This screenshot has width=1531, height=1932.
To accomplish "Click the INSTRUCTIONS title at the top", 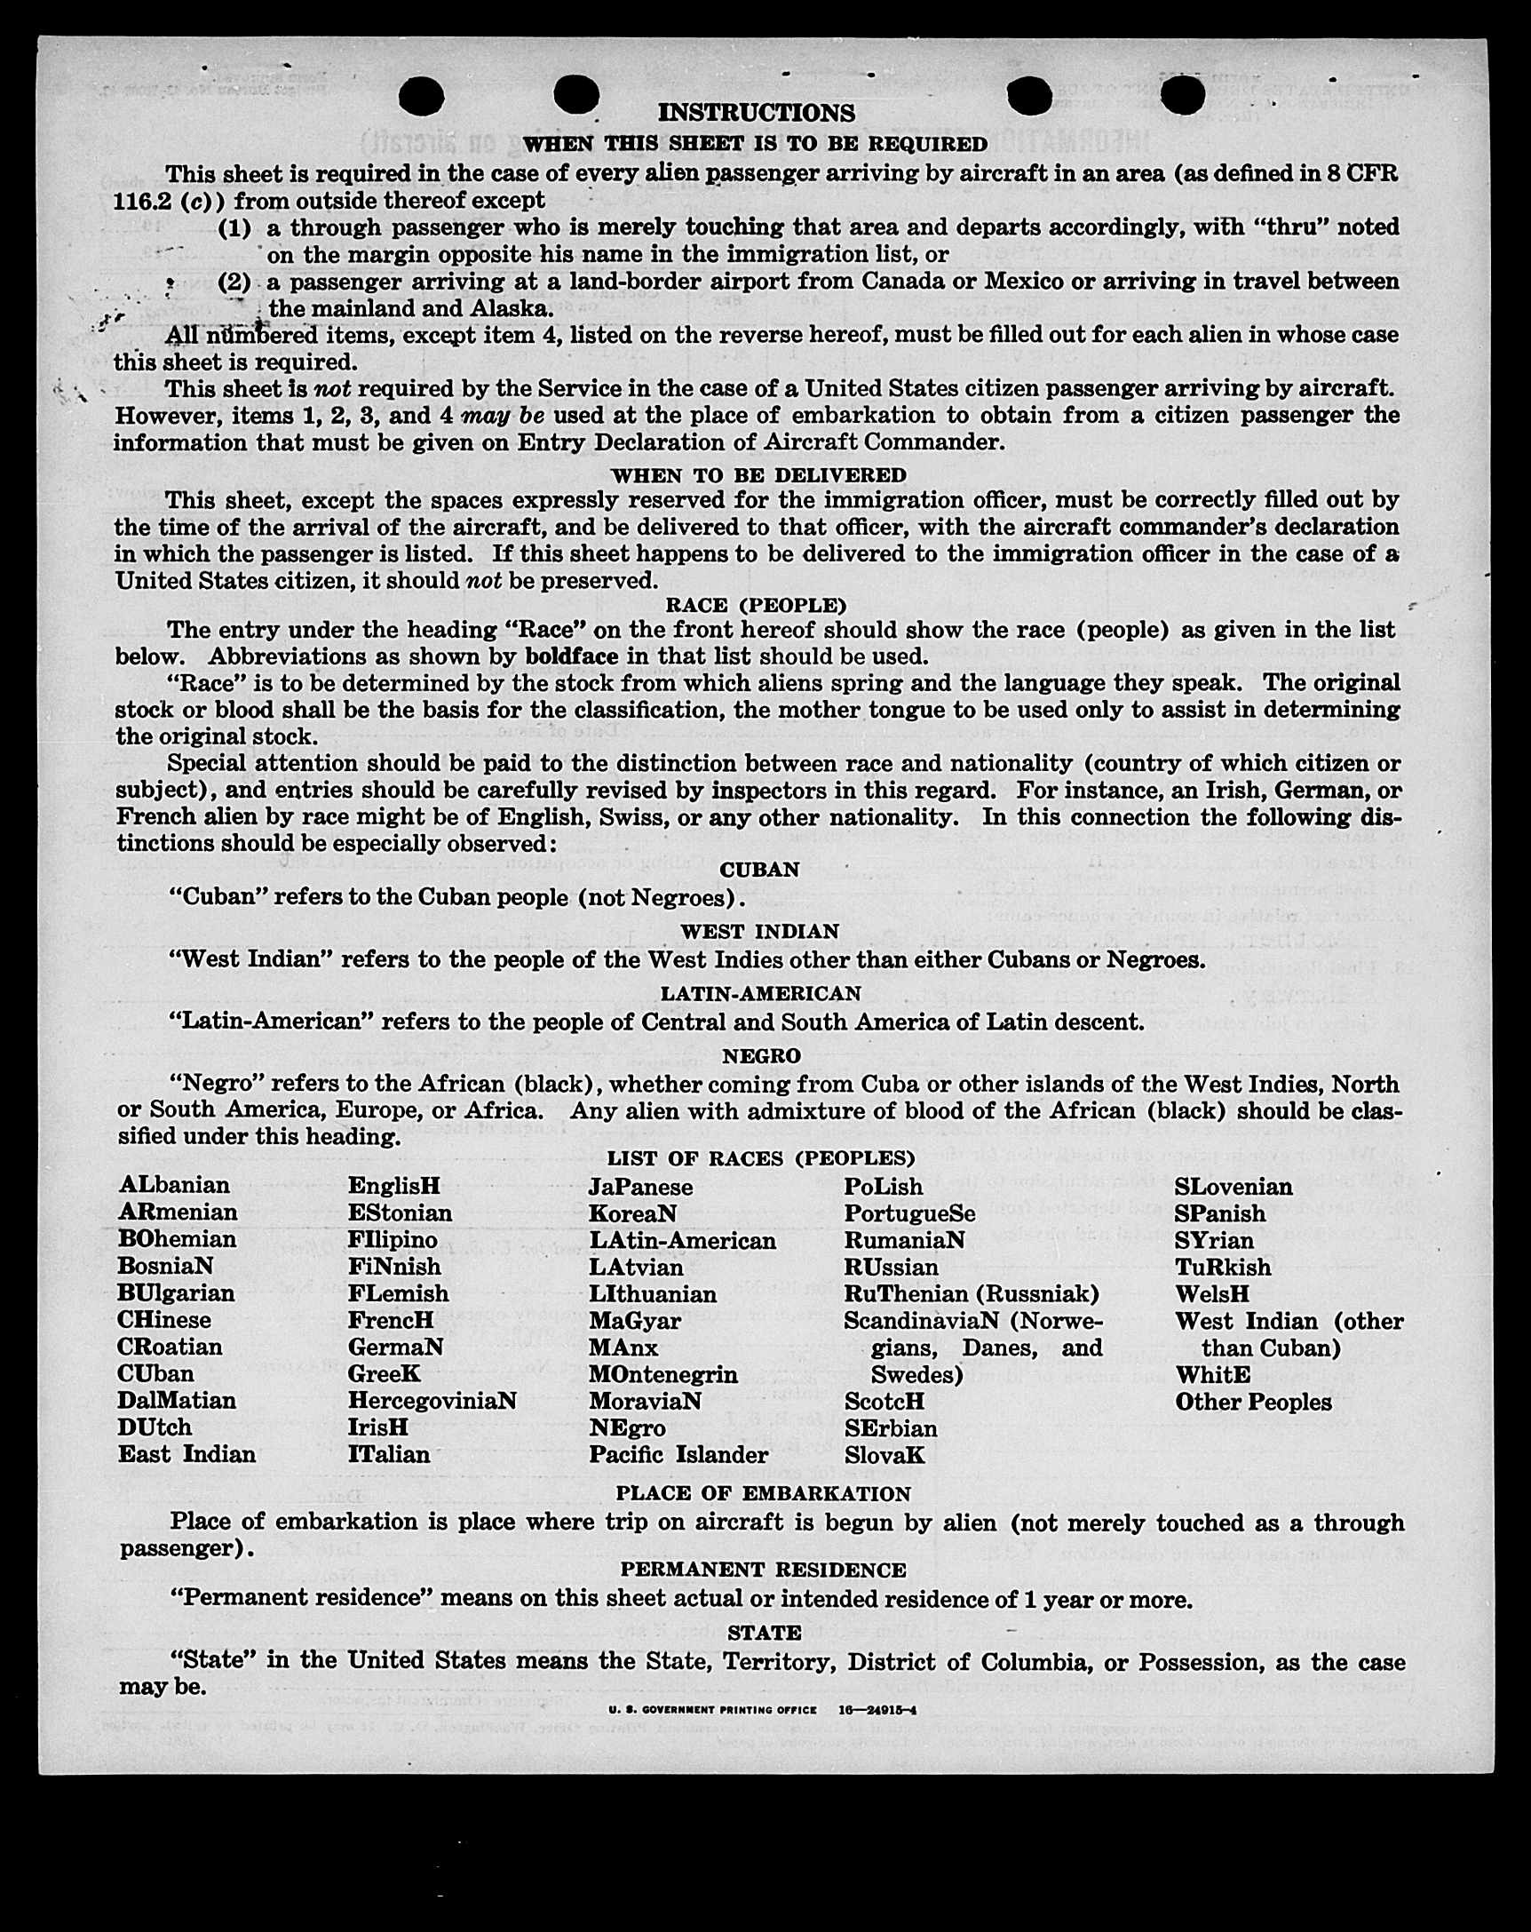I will [756, 113].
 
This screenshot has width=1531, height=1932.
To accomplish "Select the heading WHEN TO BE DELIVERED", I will [758, 475].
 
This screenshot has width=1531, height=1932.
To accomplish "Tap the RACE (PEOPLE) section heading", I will [755, 605].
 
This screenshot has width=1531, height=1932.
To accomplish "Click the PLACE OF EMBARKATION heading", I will [763, 1494].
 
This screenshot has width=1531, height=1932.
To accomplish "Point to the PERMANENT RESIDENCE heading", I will [763, 1570].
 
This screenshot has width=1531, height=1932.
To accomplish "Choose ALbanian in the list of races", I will [174, 1186].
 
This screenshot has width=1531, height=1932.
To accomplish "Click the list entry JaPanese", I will [640, 1188].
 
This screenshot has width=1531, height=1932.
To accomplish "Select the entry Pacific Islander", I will [678, 1454].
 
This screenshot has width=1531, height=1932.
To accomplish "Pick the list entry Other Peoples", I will [1253, 1402].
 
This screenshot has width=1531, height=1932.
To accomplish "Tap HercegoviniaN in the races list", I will [432, 1401].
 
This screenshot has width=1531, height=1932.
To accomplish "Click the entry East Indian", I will [186, 1453].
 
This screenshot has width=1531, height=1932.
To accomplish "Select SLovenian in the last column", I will [1234, 1188].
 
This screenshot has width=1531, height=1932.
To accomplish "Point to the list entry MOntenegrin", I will [662, 1375].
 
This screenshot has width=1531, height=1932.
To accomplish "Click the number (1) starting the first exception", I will [235, 227].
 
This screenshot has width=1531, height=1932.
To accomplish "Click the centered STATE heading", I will [764, 1633].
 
